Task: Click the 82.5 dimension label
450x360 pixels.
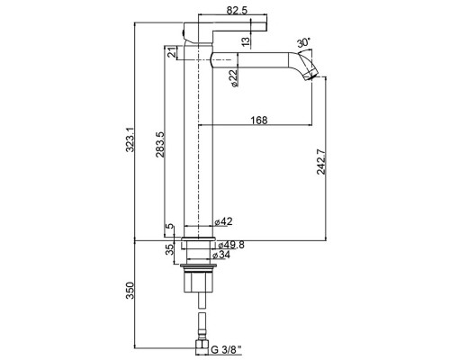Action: (237, 11)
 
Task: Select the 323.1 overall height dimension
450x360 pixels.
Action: (130, 139)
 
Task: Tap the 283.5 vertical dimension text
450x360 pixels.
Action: (159, 145)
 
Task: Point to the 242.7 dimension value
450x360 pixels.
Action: (321, 162)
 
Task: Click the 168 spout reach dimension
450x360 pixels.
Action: (259, 120)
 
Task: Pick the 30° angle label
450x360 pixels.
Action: (303, 43)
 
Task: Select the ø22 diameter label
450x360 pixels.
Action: (234, 78)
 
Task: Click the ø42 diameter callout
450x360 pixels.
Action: (223, 221)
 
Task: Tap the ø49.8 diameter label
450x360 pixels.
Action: (231, 245)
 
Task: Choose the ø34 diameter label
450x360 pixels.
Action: (221, 255)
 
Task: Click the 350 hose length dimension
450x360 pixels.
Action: (130, 290)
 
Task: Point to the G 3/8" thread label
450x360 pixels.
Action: (227, 350)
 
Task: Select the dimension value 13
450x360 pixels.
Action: (246, 41)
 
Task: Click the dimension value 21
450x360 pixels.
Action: (171, 52)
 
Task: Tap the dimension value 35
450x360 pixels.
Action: (170, 249)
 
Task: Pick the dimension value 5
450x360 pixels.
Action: (170, 227)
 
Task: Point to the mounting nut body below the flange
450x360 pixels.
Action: (198, 282)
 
